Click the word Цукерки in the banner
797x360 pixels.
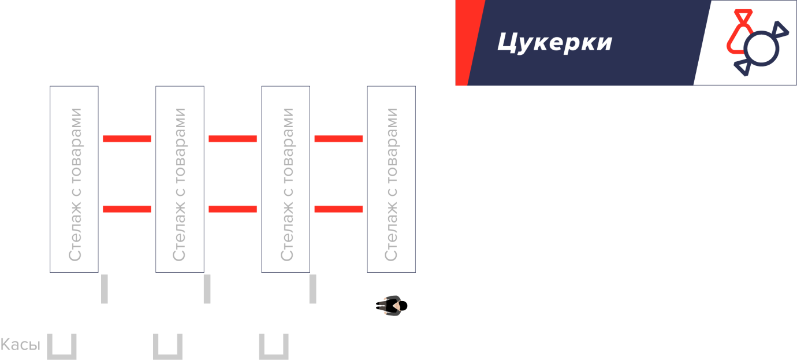[554, 42]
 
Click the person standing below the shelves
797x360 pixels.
[393, 306]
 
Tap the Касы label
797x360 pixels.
[20, 346]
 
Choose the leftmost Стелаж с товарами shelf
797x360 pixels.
[74, 179]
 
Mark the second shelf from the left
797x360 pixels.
[180, 179]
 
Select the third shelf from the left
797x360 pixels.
[285, 179]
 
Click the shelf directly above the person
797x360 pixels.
[392, 179]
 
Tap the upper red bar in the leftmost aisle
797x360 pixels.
[127, 139]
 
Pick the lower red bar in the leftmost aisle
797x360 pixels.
[127, 209]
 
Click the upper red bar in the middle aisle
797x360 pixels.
[233, 139]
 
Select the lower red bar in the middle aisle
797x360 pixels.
[233, 209]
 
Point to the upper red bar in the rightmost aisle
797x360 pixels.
[338, 139]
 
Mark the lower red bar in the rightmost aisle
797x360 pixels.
[338, 209]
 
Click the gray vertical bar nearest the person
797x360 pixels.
[313, 289]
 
